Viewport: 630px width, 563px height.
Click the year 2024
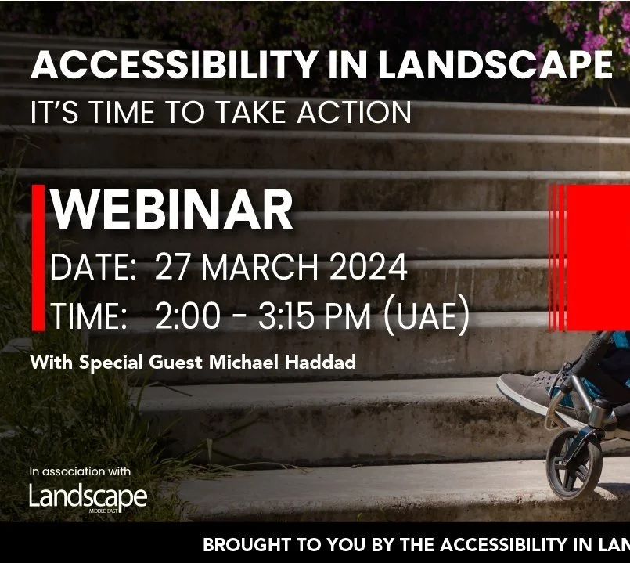[368, 269]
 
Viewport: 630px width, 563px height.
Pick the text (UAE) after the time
[427, 316]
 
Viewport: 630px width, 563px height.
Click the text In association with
[80, 472]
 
